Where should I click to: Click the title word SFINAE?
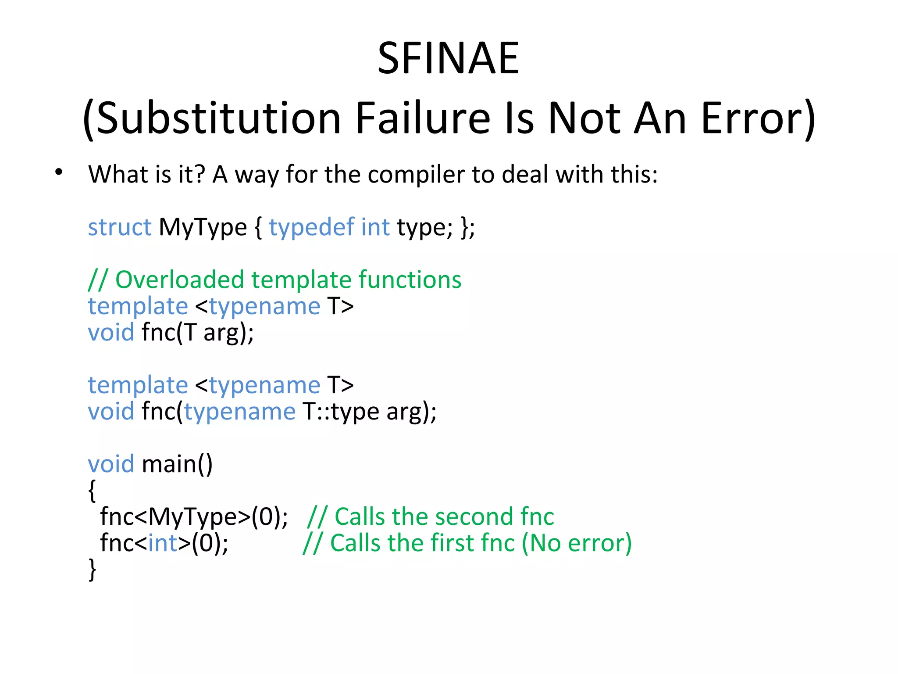[448, 58]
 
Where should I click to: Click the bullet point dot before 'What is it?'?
[59, 172]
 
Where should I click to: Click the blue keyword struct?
[119, 227]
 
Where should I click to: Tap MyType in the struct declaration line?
[203, 227]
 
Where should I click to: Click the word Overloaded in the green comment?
[179, 280]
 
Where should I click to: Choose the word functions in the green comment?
[410, 280]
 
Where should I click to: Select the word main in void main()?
[169, 464]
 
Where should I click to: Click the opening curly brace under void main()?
[92, 491]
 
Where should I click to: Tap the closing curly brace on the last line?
[92, 570]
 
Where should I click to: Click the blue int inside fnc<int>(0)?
[163, 543]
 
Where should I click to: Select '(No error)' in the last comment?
[577, 543]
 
